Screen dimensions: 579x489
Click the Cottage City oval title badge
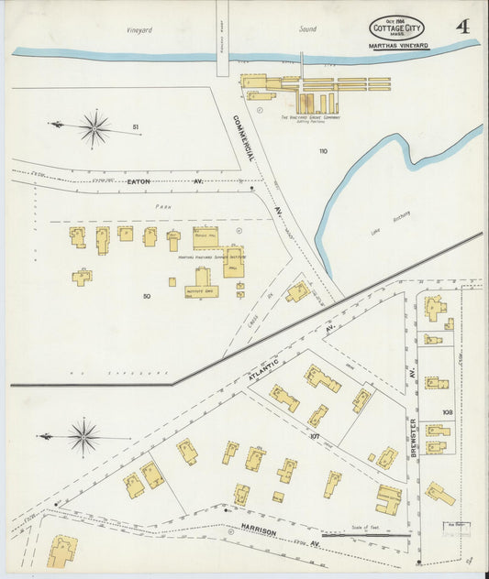(x=396, y=28)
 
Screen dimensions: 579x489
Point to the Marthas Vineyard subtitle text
(x=400, y=46)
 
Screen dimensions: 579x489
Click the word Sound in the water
(x=307, y=29)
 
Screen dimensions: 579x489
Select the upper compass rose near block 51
(x=94, y=127)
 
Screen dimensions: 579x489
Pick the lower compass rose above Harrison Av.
(x=83, y=436)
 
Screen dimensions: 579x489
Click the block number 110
(x=323, y=150)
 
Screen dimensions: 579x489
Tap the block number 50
(x=146, y=296)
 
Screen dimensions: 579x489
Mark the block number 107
(x=315, y=436)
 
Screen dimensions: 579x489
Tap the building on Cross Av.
(x=297, y=292)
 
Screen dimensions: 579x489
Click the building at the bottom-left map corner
(x=61, y=552)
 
